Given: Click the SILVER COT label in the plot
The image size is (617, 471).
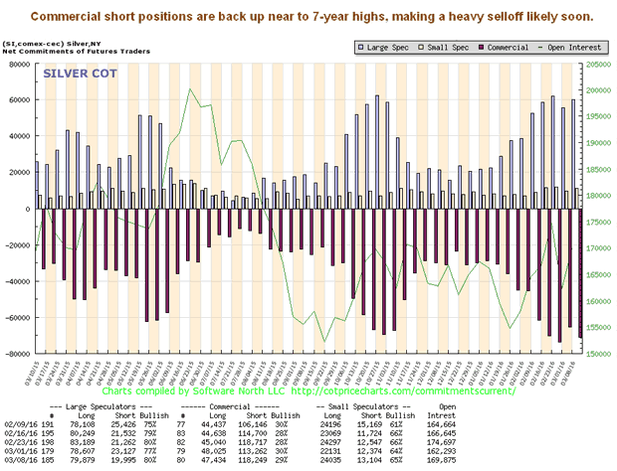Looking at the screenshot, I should point(74,75).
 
